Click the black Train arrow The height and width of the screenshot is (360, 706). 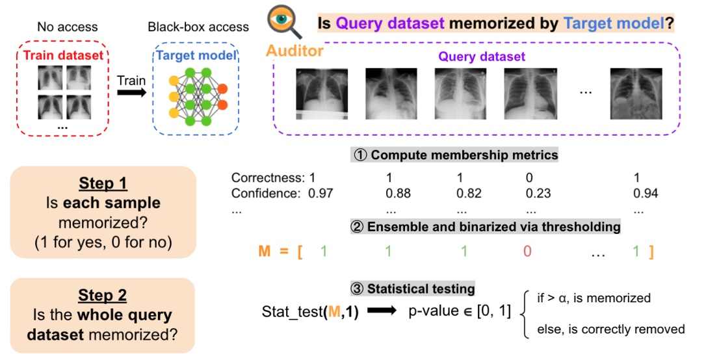point(130,93)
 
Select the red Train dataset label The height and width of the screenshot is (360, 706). point(63,55)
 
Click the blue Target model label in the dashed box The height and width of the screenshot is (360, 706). point(198,55)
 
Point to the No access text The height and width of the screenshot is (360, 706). point(68,27)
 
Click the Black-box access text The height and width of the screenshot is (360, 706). point(198,27)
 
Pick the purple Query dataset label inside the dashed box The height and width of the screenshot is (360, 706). point(481,57)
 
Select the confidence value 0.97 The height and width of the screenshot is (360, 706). point(320,193)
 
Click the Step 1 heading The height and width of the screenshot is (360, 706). point(103,183)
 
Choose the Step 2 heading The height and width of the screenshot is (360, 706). point(103,296)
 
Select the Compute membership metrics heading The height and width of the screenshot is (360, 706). point(455,155)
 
